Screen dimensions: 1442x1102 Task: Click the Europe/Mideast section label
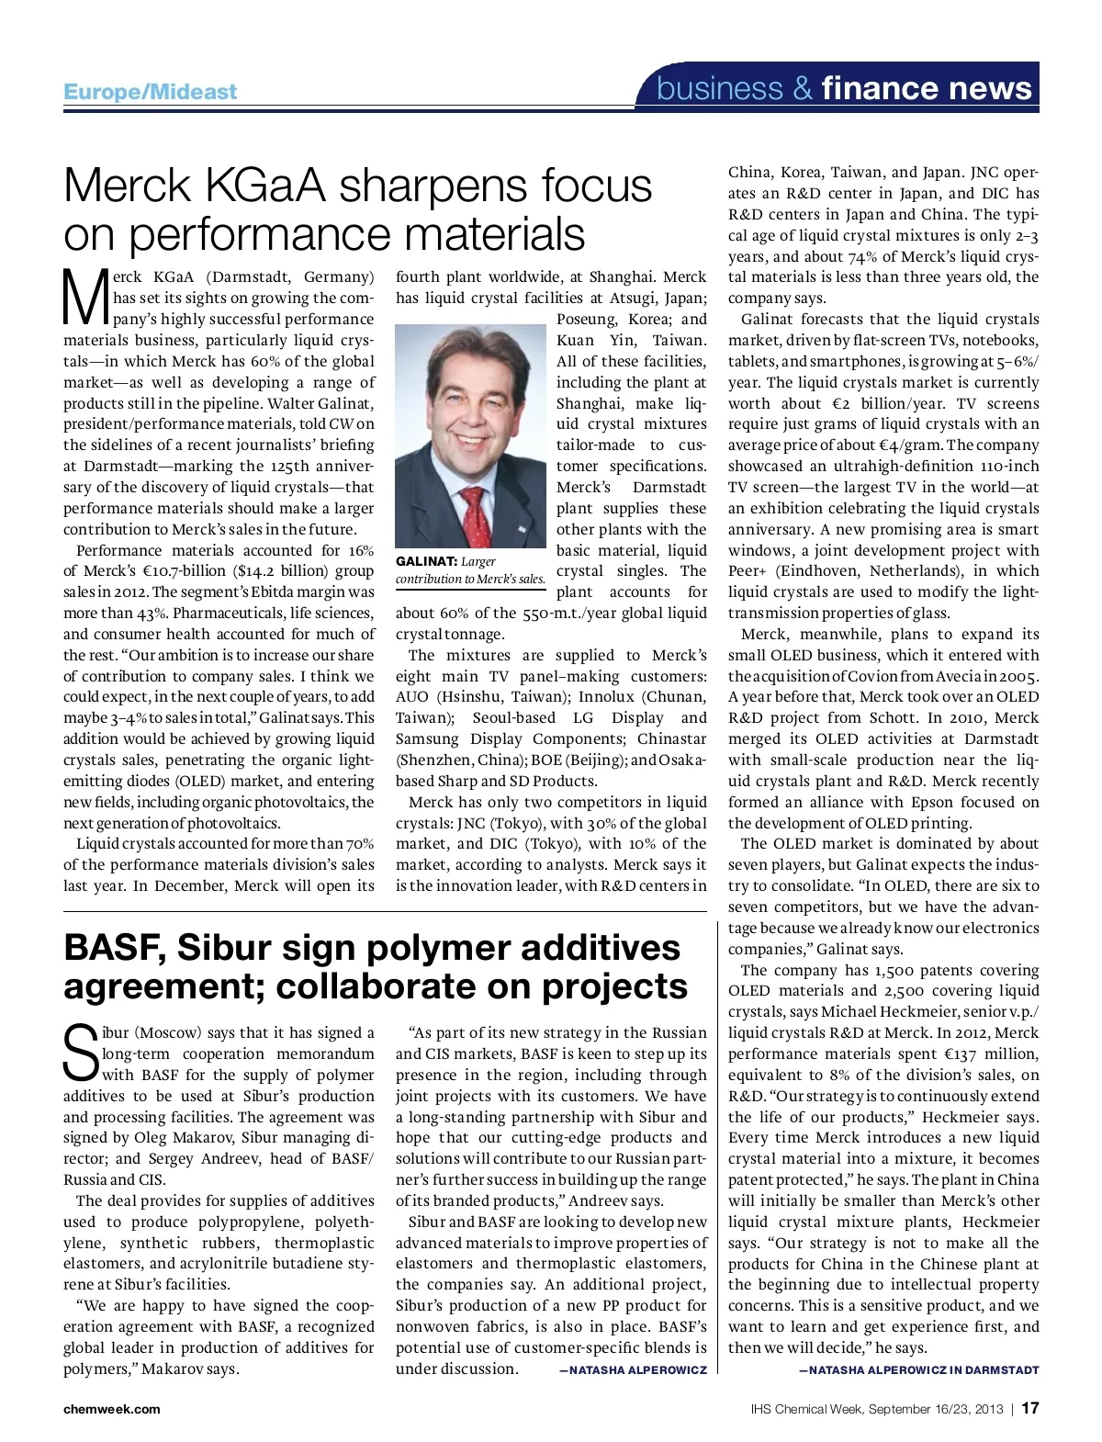[x=150, y=92]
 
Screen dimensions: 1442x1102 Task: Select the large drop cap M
[x=84, y=297]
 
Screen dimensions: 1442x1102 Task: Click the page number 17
[x=1029, y=1408]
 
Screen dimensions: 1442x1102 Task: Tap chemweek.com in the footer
[x=111, y=1409]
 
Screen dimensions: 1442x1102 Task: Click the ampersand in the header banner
[x=803, y=88]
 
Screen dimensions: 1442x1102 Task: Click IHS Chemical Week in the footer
[x=804, y=1409]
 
